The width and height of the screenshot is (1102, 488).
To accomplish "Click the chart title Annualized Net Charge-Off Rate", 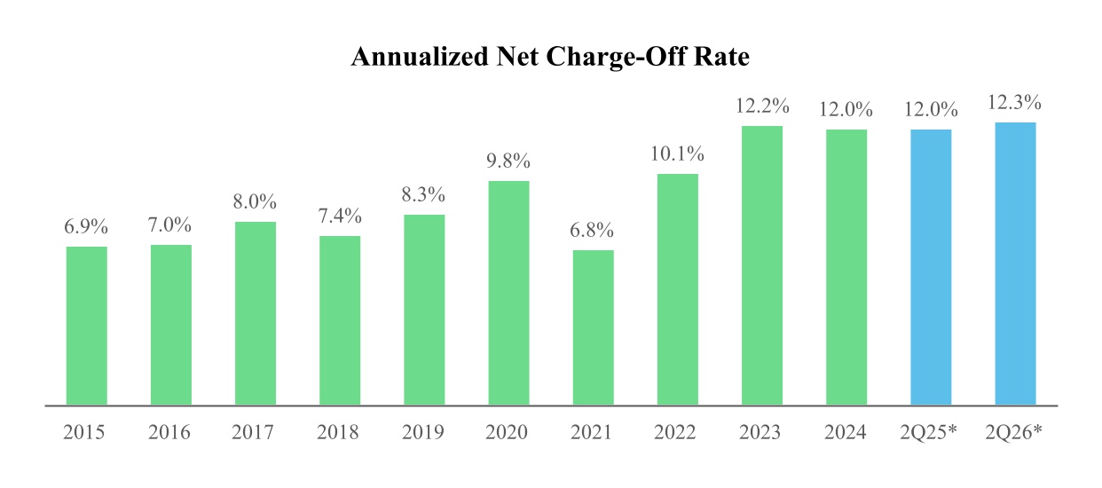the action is click(x=550, y=57).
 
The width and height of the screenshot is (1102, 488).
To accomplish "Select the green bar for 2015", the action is click(x=87, y=326).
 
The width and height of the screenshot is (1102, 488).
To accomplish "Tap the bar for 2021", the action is click(x=594, y=327).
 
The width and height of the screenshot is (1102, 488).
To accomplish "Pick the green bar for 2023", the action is click(x=762, y=265).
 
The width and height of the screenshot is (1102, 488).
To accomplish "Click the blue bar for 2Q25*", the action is click(x=931, y=268).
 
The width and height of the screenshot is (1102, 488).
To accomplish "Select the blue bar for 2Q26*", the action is click(x=1015, y=264).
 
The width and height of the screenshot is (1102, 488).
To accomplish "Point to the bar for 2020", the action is click(x=508, y=293).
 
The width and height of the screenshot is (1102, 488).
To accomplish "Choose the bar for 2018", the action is click(x=340, y=320).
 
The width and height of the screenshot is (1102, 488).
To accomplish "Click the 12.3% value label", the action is click(x=1014, y=103).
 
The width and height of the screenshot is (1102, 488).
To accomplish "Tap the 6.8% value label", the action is click(x=592, y=230).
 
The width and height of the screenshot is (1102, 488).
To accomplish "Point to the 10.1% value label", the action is click(x=677, y=154).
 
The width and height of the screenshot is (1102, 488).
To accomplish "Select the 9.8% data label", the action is click(x=508, y=161).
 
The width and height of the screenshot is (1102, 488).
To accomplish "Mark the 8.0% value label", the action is click(x=255, y=201).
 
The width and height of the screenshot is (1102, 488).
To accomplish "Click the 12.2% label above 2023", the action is click(x=762, y=106).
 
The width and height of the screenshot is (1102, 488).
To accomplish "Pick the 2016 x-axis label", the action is click(x=169, y=432).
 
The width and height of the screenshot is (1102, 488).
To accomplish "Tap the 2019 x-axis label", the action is click(x=423, y=432).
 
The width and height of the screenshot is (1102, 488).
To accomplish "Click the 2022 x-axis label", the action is click(x=675, y=432).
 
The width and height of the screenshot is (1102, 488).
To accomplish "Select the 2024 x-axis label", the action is click(x=846, y=432).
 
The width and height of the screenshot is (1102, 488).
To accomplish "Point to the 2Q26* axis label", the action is click(x=1013, y=432).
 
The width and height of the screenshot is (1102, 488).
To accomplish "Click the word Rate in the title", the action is click(x=721, y=57).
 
